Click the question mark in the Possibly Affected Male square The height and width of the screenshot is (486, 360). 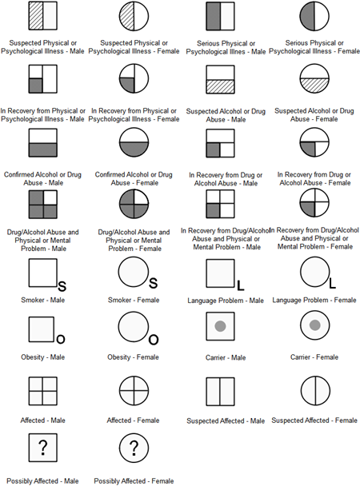(x=43, y=448)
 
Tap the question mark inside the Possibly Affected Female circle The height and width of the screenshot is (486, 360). (x=134, y=448)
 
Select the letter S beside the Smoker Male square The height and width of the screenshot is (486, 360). (x=62, y=286)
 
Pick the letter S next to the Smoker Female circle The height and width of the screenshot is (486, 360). (x=153, y=283)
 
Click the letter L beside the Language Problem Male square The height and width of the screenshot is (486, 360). (x=240, y=285)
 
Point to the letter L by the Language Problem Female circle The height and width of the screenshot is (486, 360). (x=332, y=283)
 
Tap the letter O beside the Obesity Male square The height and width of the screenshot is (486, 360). (x=61, y=340)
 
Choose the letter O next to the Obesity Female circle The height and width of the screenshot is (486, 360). (x=154, y=340)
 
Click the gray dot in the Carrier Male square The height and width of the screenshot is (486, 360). (x=220, y=326)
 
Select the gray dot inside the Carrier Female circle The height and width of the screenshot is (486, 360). (x=314, y=325)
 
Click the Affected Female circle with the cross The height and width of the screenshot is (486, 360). (x=134, y=391)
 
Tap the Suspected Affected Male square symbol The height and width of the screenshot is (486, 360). (x=220, y=392)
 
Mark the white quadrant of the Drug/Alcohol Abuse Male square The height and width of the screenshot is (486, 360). (x=50, y=197)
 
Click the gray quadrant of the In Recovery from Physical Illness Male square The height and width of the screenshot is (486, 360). (x=36, y=86)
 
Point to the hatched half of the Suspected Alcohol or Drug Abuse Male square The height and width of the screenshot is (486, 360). (x=220, y=86)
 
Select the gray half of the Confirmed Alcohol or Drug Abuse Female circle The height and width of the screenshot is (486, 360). (x=134, y=150)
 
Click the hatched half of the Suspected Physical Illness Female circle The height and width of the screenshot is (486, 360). (x=127, y=16)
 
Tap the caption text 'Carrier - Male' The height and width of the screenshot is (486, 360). (x=226, y=357)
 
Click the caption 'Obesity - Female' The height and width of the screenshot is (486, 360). (x=133, y=357)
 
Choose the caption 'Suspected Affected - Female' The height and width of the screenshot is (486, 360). (x=314, y=420)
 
